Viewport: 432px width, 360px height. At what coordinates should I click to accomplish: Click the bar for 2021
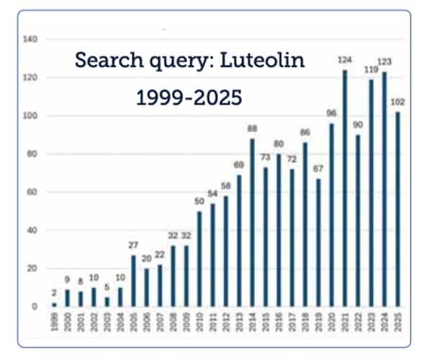coord(345,189)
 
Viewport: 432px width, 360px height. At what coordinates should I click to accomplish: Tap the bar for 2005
coord(132,282)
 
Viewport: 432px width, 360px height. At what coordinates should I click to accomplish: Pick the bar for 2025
coord(397,210)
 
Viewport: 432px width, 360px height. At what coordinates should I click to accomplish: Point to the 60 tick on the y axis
coord(32,192)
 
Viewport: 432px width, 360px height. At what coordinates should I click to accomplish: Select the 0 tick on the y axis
coord(35,307)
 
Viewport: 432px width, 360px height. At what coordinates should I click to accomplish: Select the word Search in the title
coord(109,61)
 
